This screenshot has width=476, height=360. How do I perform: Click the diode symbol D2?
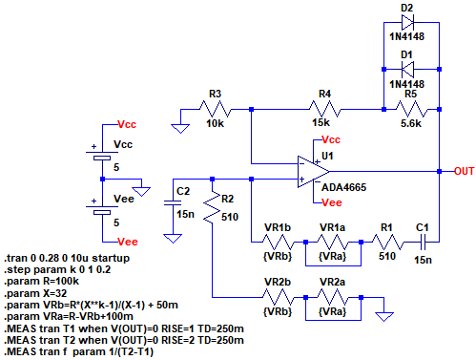point(407,22)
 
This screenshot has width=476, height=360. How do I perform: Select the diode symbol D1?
point(407,70)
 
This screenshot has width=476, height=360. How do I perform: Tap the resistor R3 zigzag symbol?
point(216,109)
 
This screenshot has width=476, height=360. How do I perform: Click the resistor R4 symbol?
point(325,109)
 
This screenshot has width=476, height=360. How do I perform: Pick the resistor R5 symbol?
point(411,109)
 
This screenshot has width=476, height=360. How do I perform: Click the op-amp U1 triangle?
point(313,172)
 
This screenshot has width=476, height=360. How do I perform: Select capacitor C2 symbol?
point(173,202)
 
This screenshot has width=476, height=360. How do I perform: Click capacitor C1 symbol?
point(423,242)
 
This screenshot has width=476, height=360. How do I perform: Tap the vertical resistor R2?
point(212,207)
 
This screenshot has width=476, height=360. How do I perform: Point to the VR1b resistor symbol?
point(278,243)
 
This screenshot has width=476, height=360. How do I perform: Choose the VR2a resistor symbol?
point(333,298)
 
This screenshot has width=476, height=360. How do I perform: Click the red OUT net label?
point(465,171)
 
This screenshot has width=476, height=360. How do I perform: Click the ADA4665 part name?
point(343,187)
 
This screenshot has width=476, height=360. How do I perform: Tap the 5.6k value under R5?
point(411,123)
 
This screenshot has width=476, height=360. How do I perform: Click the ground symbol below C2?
point(173,239)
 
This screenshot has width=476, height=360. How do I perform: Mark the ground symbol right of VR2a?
point(384,317)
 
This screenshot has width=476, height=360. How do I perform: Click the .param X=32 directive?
point(35,293)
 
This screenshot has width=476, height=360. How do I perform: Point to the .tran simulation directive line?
point(67,258)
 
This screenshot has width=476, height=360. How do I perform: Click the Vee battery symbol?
point(102,208)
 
